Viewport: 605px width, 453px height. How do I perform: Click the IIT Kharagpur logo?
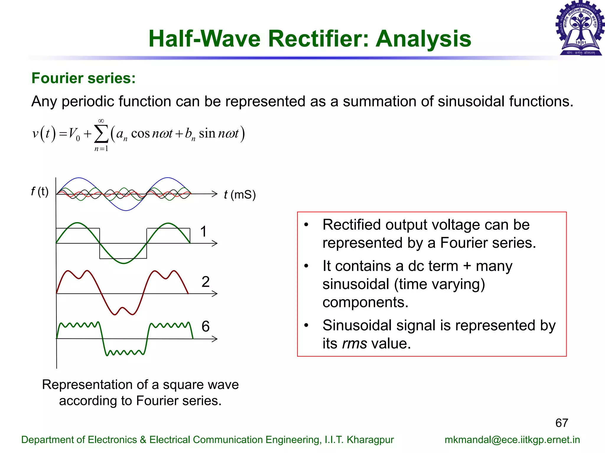click(x=580, y=28)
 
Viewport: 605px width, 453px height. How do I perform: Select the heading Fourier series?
click(x=84, y=78)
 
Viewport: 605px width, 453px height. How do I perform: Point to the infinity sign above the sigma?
click(x=101, y=121)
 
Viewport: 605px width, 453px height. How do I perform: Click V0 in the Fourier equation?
click(x=74, y=134)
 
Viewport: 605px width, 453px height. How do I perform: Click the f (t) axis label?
click(x=40, y=191)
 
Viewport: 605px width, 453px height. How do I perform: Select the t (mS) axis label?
click(x=240, y=195)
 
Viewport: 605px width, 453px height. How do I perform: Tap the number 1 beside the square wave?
click(x=203, y=232)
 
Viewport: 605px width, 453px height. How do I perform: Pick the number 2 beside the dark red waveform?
click(x=206, y=282)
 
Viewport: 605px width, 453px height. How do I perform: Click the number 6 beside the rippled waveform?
click(x=206, y=326)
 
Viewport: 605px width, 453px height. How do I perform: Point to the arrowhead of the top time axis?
click(x=215, y=194)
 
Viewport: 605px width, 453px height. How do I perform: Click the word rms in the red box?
click(x=354, y=344)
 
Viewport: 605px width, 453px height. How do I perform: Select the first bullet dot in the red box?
click(x=306, y=225)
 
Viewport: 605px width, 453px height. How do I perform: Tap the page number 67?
click(x=562, y=423)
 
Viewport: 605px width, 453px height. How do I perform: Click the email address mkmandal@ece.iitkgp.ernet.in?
click(x=512, y=440)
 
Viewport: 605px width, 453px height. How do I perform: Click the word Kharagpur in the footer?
click(x=370, y=440)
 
